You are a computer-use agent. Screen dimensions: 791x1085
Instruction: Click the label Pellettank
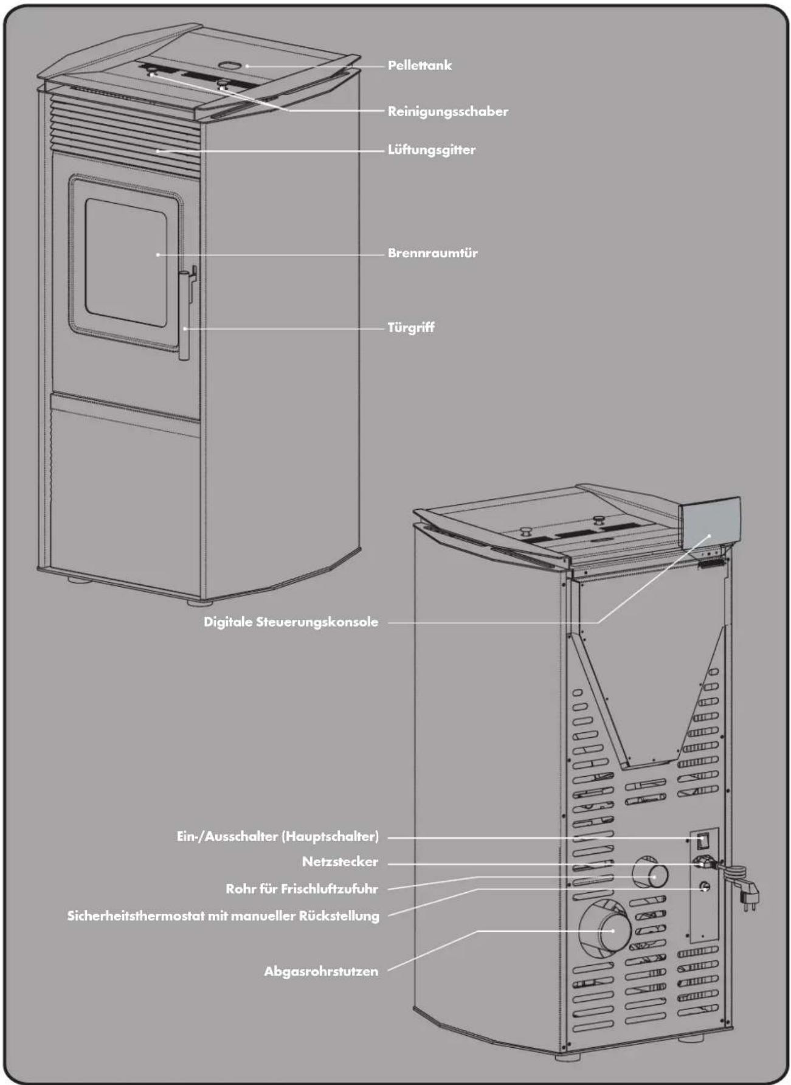pos(420,66)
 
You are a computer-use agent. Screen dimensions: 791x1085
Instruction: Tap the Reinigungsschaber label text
pos(447,112)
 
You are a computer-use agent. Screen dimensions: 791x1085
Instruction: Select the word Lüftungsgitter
pos(432,150)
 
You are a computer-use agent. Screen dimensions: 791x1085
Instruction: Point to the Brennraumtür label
pos(432,253)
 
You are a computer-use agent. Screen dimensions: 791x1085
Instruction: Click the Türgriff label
pos(411,328)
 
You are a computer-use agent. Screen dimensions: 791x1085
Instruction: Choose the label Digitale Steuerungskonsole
pos(291,622)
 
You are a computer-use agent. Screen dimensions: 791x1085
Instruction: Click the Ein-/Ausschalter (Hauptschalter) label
pos(277,837)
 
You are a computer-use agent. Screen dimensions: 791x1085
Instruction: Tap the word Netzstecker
pos(340,862)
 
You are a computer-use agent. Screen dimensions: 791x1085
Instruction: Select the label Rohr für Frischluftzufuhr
pos(302,889)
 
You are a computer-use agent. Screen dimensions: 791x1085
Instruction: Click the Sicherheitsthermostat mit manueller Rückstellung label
pos(223,916)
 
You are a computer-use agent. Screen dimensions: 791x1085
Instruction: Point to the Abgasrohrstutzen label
pos(321,972)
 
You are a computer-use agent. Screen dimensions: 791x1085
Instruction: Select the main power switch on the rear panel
pos(703,841)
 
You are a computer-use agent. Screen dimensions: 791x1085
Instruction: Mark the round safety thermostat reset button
pos(705,886)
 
